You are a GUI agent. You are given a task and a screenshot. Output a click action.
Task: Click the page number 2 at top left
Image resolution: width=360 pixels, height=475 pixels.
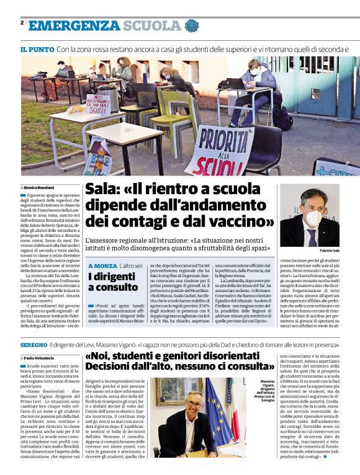[22, 24]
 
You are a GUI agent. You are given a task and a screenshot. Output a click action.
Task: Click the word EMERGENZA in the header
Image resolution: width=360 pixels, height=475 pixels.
[74, 25]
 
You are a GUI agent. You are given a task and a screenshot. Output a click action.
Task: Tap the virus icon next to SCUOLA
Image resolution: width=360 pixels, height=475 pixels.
[191, 25]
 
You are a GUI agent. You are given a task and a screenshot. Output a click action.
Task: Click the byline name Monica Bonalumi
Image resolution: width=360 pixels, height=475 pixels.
[39, 187]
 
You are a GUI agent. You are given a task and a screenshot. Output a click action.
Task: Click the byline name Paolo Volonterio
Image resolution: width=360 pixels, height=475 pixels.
[40, 358]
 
